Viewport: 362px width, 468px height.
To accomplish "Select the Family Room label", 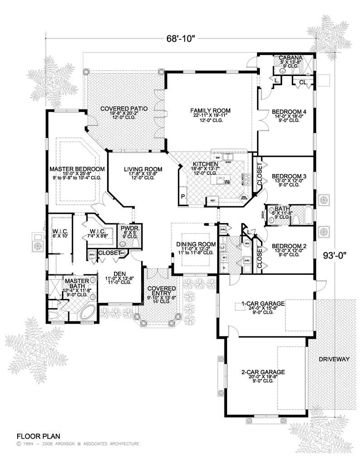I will click(x=210, y=110).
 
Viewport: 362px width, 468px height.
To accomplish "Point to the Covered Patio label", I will click(x=122, y=109).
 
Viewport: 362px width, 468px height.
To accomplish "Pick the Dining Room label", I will click(x=194, y=244).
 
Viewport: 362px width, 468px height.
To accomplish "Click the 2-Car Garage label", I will click(x=263, y=372).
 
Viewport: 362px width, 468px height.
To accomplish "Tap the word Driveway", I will click(x=334, y=359).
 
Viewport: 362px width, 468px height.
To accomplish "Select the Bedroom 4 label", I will click(x=289, y=111).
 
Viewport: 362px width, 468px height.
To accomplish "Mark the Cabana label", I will click(x=288, y=57).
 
